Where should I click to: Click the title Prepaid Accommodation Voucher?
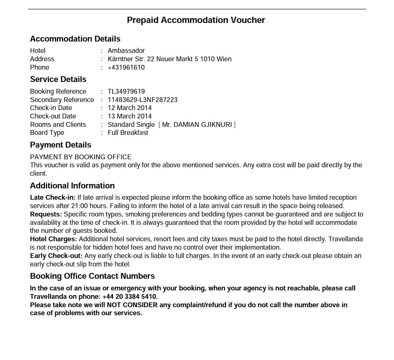click(x=196, y=20)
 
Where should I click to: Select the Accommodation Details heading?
click(x=75, y=39)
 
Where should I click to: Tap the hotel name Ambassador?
click(x=126, y=51)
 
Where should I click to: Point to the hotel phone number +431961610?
click(x=126, y=67)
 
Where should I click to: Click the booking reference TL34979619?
click(x=126, y=91)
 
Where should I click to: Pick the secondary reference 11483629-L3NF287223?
click(x=143, y=100)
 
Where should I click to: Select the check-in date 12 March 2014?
click(x=130, y=108)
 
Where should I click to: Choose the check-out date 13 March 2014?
click(x=130, y=116)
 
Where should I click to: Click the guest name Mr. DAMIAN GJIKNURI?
click(x=197, y=125)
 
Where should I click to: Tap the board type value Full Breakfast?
click(x=128, y=133)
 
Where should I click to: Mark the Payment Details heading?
click(x=61, y=145)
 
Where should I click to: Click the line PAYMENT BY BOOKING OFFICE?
click(x=81, y=157)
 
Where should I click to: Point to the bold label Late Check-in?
click(x=53, y=197)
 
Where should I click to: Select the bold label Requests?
click(x=46, y=214)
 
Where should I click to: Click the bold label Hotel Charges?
click(x=54, y=239)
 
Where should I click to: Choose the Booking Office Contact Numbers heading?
click(x=92, y=276)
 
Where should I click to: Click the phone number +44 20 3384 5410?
click(x=130, y=297)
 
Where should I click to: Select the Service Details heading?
click(x=58, y=79)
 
